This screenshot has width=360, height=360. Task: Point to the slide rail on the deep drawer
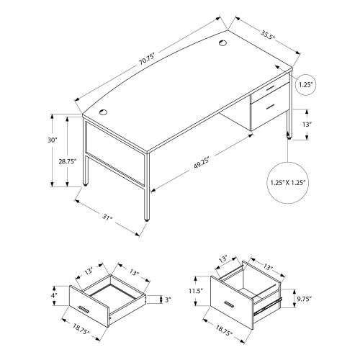pos(267,307)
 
